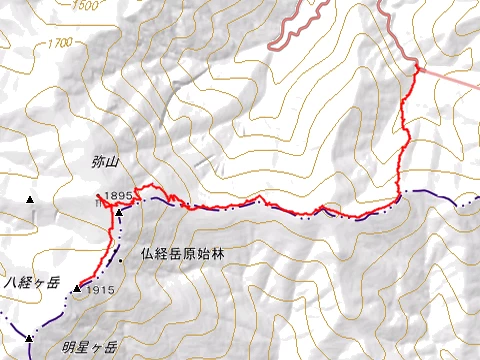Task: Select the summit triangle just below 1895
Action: pyautogui.click(x=118, y=212)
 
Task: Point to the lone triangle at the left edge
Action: pyautogui.click(x=30, y=200)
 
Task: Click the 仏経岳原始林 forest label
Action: pyautogui.click(x=184, y=255)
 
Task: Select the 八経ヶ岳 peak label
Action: pyautogui.click(x=32, y=282)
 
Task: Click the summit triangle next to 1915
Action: pyautogui.click(x=76, y=289)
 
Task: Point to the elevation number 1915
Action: pyautogui.click(x=97, y=290)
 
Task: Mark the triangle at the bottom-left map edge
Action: pyautogui.click(x=30, y=339)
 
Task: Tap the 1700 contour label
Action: pyautogui.click(x=60, y=44)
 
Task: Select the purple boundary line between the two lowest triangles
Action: pyautogui.click(x=50, y=314)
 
